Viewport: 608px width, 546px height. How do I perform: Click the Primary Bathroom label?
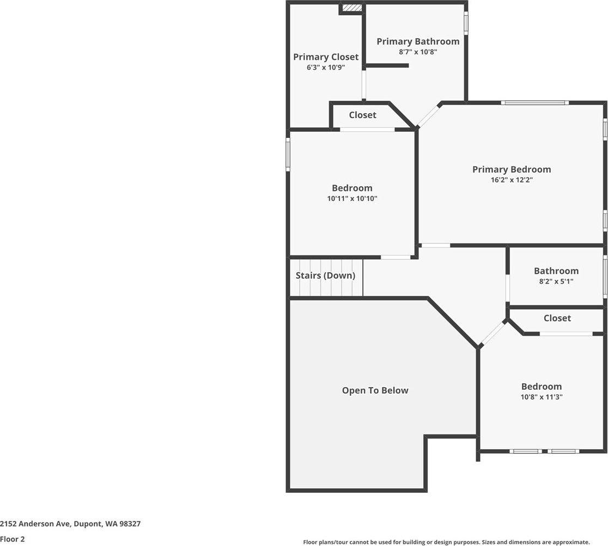pyautogui.click(x=418, y=41)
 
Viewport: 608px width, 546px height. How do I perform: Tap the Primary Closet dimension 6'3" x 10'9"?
pyautogui.click(x=326, y=68)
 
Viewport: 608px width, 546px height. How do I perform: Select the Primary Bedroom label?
pyautogui.click(x=512, y=169)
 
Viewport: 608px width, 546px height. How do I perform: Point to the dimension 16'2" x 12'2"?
pyautogui.click(x=512, y=180)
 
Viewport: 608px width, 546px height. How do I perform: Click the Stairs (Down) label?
pyautogui.click(x=325, y=275)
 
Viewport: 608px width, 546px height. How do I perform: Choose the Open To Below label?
pyautogui.click(x=375, y=390)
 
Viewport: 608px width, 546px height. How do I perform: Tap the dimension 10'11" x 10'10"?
pyautogui.click(x=352, y=199)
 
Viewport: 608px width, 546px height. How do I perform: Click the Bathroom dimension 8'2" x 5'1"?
pyautogui.click(x=556, y=281)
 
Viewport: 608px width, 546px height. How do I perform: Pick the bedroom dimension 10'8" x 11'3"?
pyautogui.click(x=541, y=397)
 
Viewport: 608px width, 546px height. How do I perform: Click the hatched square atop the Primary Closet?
pyautogui.click(x=352, y=8)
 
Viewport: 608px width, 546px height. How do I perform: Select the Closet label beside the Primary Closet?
pyautogui.click(x=362, y=115)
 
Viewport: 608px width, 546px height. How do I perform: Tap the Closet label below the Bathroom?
pyautogui.click(x=557, y=318)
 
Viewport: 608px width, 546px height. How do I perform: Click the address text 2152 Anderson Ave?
pyautogui.click(x=70, y=524)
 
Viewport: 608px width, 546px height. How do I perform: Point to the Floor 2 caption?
pyautogui.click(x=13, y=539)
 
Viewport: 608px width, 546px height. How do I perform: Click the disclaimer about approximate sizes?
pyautogui.click(x=446, y=542)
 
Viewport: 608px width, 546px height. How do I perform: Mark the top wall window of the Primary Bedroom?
pyautogui.click(x=535, y=102)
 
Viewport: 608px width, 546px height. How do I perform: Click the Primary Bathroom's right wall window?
pyautogui.click(x=466, y=23)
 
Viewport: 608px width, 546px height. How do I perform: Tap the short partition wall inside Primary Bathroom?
pyautogui.click(x=387, y=66)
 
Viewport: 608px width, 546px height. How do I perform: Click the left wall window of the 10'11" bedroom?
pyautogui.click(x=288, y=154)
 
